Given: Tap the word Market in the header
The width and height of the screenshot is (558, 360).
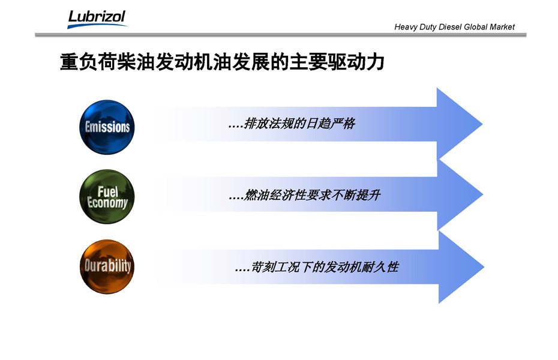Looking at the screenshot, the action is click(502, 27).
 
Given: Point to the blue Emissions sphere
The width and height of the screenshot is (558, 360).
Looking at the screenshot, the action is click(107, 127).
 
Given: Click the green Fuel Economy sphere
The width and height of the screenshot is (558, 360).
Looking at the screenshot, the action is click(107, 197).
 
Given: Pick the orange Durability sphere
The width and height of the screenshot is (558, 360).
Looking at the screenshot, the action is click(107, 267).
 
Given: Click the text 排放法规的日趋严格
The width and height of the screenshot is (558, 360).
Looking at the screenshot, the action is click(299, 124).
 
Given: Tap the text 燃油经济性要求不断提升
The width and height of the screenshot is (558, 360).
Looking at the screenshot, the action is click(312, 195).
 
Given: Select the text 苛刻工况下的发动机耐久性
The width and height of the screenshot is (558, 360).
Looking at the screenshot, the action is click(325, 267).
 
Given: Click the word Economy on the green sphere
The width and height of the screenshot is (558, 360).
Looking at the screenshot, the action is click(107, 203).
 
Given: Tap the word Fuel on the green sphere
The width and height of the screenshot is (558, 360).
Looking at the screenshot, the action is click(108, 192).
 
